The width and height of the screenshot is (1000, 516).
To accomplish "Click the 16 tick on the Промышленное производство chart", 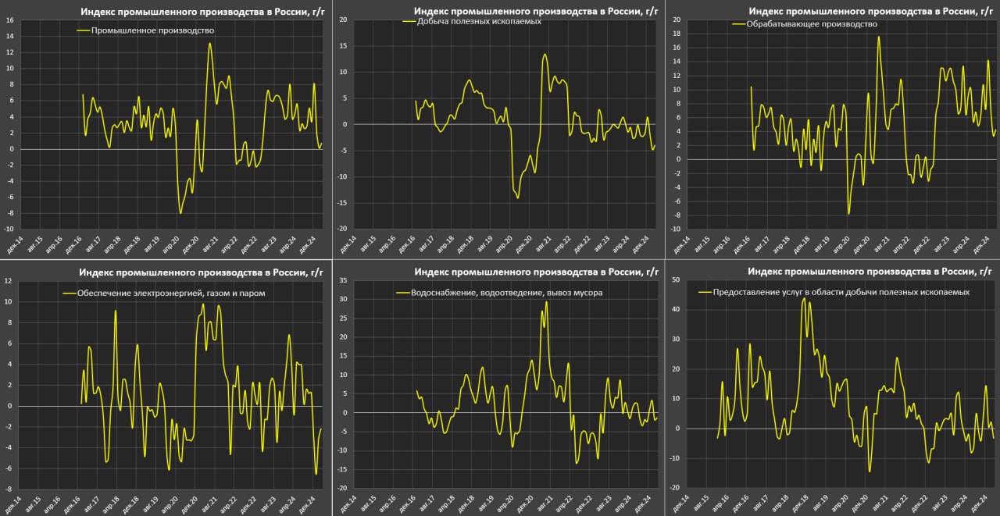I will coord(9,20).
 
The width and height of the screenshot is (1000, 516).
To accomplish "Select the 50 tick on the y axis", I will coord(675,279).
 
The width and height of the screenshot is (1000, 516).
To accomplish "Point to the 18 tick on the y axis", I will coord(675,33).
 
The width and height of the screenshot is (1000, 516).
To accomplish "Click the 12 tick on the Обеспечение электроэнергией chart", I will coord(9,280).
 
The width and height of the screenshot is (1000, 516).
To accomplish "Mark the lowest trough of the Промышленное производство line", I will coord(180,213).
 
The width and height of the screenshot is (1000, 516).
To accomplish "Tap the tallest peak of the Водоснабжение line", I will coord(546,301).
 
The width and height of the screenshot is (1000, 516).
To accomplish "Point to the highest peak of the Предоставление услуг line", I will coord(804,298).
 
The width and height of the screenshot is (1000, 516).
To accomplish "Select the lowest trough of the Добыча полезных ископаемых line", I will coord(517,198).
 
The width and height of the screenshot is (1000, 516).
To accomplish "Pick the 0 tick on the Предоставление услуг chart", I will coord(677,429).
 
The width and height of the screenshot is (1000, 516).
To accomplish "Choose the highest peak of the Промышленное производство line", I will coord(209,43).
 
